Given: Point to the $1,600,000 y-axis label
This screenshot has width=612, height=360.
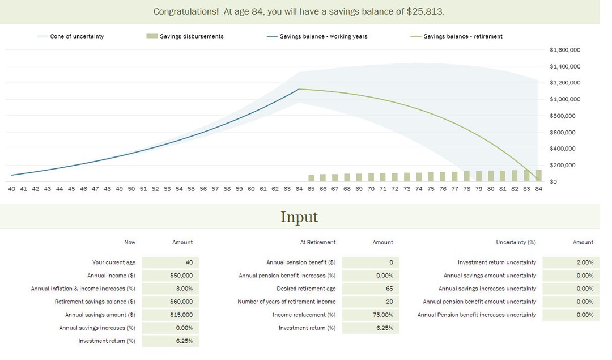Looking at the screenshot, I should click(565, 50).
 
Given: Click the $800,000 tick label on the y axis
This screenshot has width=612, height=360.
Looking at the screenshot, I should click(563, 116).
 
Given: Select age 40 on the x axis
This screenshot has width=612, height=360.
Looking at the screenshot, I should click(11, 189).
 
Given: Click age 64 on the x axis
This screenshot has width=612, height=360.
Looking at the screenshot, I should click(299, 189).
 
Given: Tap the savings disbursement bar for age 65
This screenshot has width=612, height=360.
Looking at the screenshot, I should click(311, 177).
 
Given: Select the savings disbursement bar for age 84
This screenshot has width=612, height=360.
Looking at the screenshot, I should click(538, 175).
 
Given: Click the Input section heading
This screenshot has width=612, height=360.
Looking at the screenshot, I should click(299, 217).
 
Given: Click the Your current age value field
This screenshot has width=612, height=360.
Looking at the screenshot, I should click(170, 262).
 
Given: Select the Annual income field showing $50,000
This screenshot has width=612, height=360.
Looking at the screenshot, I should click(170, 276).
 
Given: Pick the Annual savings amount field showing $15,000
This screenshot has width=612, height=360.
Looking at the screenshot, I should click(170, 315).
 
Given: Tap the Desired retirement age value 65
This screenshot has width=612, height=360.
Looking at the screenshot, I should click(371, 289).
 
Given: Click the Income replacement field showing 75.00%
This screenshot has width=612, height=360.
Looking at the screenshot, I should click(371, 315).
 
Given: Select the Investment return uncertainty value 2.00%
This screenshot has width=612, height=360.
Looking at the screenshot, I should click(571, 262).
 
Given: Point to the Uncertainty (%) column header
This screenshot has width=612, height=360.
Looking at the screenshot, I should click(516, 242).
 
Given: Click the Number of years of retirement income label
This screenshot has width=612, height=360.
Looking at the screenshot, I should click(286, 302).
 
